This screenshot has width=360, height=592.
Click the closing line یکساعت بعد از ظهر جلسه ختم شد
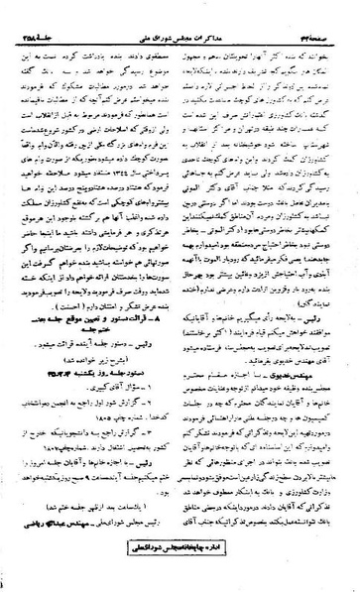(100, 534)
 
